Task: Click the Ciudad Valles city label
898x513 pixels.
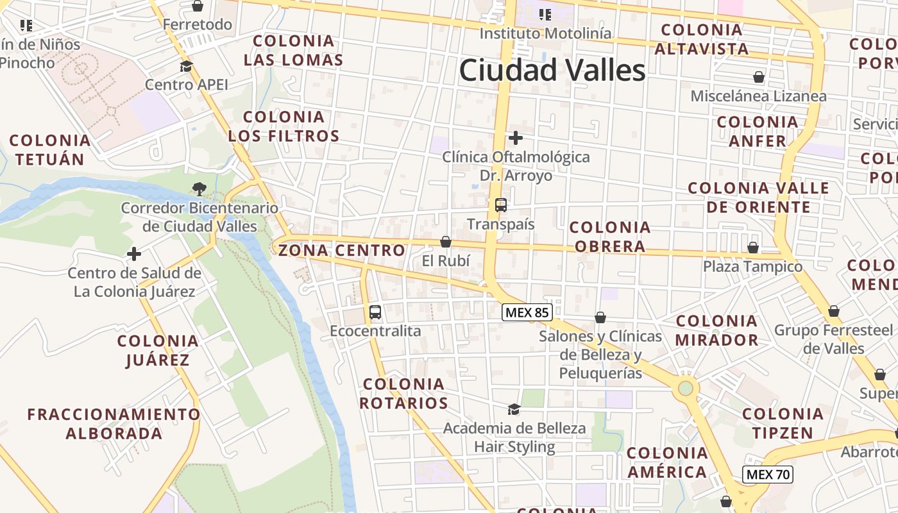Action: tap(552, 70)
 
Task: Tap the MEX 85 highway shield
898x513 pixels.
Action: tap(527, 312)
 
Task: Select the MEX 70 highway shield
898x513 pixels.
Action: tap(768, 475)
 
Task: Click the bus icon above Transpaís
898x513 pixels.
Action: tap(501, 205)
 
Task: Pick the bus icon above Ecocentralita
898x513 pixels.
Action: tap(375, 312)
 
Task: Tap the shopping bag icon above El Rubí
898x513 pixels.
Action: tap(446, 242)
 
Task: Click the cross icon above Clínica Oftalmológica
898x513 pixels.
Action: tap(515, 138)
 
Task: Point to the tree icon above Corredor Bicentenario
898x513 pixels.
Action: tap(199, 189)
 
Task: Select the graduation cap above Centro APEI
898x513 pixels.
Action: tap(186, 66)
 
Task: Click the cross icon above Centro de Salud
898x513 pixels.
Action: tap(134, 254)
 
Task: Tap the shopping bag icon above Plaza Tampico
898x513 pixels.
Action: tap(753, 248)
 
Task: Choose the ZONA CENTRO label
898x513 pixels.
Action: tap(342, 250)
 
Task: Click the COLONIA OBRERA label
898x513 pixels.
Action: tap(610, 237)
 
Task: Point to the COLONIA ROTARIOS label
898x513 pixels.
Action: tap(403, 394)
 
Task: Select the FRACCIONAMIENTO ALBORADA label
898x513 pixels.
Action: tap(114, 423)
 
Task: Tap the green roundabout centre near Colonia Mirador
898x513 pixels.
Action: tap(686, 388)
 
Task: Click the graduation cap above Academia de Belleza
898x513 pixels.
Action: tap(514, 409)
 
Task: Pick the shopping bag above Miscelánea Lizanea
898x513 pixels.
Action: tap(759, 78)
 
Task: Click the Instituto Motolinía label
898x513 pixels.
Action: tap(545, 33)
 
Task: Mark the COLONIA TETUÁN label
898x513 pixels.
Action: tap(50, 149)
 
